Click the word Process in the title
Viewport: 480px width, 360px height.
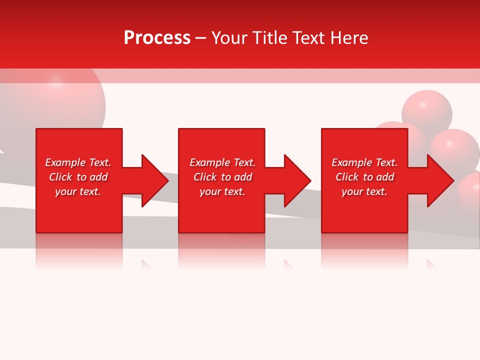click(157, 38)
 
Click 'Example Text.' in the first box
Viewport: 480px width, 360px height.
click(78, 162)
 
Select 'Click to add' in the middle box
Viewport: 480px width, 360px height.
click(222, 177)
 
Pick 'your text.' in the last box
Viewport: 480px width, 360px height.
click(364, 191)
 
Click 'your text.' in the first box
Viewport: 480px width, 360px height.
click(78, 191)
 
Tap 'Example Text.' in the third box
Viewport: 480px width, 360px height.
click(364, 162)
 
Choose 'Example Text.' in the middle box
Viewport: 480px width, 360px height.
click(222, 162)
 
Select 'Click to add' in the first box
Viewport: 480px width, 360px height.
click(78, 177)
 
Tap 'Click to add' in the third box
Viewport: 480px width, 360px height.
click(364, 177)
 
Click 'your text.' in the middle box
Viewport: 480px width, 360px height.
click(222, 191)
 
